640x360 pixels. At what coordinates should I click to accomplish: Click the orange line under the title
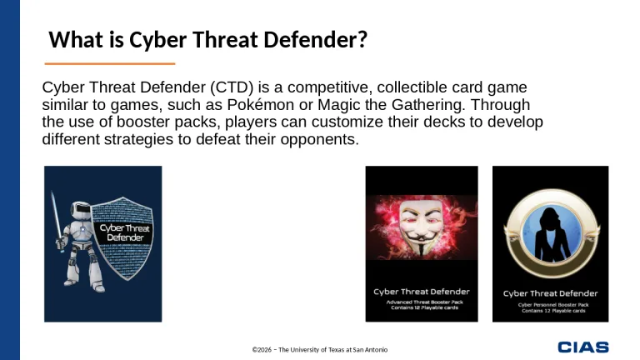[109, 63]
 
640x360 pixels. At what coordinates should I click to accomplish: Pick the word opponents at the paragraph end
[318, 140]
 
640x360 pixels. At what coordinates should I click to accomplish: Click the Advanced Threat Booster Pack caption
[421, 305]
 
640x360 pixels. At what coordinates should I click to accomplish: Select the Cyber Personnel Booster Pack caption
[550, 307]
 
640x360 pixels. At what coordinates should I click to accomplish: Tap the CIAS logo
[582, 347]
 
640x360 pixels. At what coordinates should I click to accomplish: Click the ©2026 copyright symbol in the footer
[256, 349]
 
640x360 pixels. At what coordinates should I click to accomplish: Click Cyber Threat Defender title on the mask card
[421, 292]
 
